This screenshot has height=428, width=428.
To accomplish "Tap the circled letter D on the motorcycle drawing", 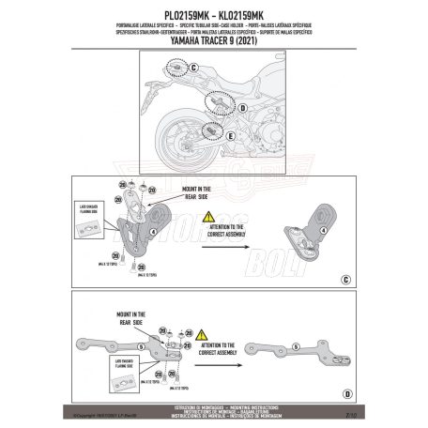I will tap(242, 109).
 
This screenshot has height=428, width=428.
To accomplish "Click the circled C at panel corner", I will tap(345, 280).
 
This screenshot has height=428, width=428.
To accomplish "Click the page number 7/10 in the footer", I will tap(348, 410).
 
